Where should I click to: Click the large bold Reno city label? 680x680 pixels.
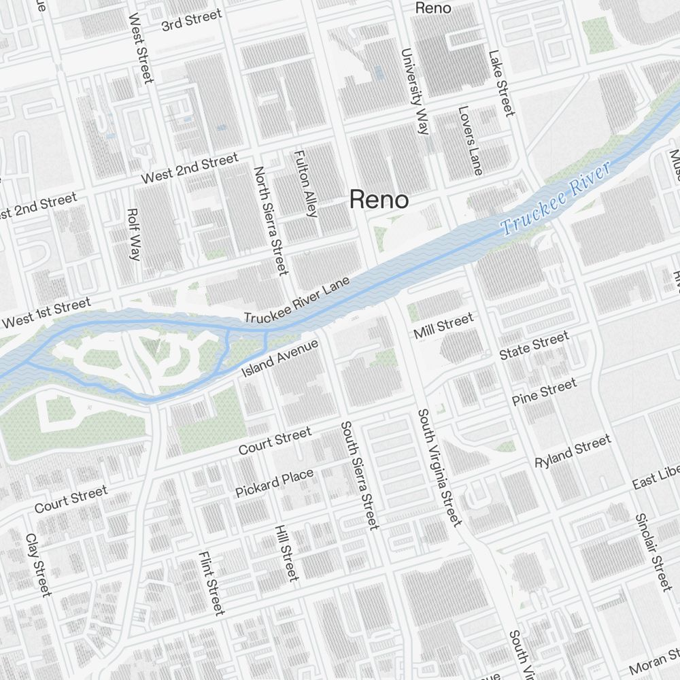click(379, 200)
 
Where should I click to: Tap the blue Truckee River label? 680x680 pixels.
click(555, 199)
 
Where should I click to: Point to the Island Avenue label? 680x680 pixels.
click(280, 358)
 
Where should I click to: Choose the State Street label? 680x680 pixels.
click(534, 346)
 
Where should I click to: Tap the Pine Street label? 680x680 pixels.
click(544, 393)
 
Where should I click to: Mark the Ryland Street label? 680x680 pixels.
click(573, 452)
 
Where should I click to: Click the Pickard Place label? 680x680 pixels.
click(275, 482)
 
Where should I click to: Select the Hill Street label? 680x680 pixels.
click(286, 553)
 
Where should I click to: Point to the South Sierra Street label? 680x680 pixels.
click(359, 475)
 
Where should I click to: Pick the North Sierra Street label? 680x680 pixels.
click(271, 220)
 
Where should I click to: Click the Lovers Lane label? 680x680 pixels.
click(469, 140)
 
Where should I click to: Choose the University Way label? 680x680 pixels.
click(415, 91)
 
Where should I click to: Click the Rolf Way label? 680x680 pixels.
click(133, 235)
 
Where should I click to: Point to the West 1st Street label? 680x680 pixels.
click(46, 313)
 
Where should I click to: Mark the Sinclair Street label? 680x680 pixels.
click(653, 551)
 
